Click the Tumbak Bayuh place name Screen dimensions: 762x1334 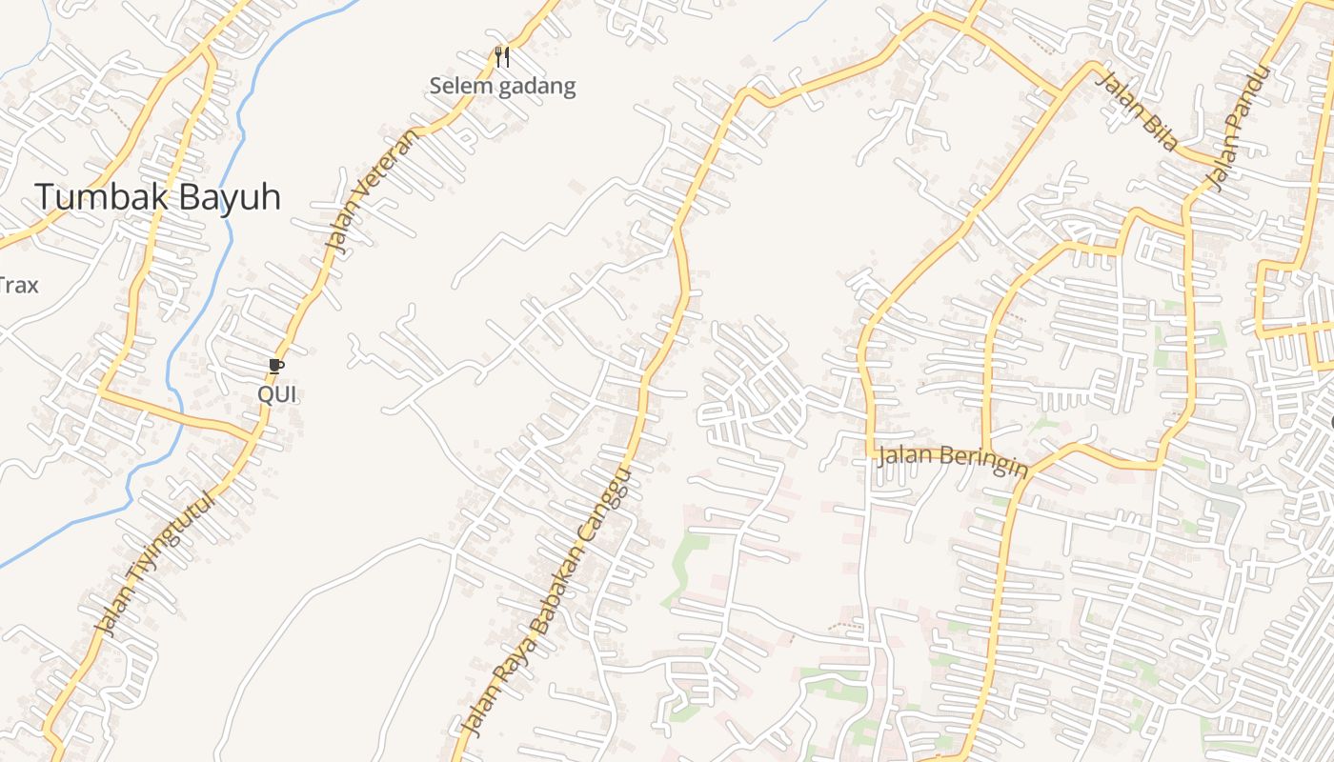158,197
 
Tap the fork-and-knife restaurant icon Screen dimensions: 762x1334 503,57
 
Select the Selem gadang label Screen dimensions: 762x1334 502,87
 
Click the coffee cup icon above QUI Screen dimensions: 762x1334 276,366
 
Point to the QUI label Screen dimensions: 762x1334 277,393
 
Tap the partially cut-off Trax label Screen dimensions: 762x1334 19,284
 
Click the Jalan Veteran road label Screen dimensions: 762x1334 372,190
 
